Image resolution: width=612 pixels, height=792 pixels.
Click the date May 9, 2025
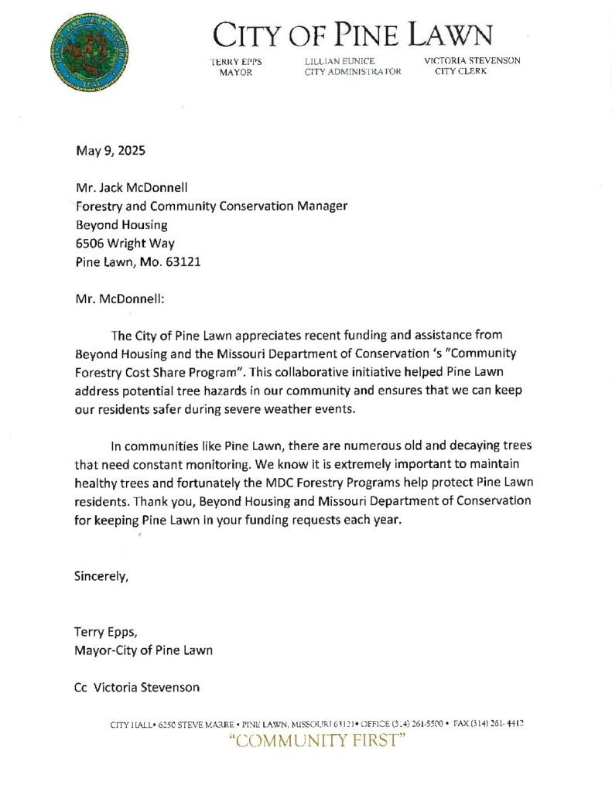point(110,151)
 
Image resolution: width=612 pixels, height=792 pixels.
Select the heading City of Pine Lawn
point(353,35)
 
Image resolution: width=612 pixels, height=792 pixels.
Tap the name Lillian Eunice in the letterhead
point(340,61)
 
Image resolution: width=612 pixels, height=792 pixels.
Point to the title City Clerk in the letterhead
point(461,72)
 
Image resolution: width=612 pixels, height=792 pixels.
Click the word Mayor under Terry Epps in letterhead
point(236,72)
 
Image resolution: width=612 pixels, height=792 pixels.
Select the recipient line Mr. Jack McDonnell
point(134,188)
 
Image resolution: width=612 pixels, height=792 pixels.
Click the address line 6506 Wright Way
point(125,243)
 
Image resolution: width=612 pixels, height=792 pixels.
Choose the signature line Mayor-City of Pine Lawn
point(143,650)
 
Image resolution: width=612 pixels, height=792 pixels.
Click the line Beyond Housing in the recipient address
point(121,224)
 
